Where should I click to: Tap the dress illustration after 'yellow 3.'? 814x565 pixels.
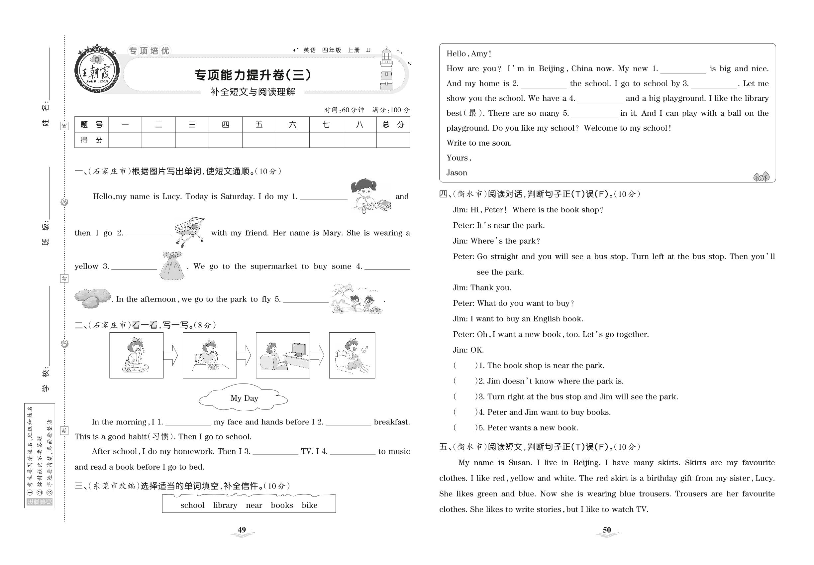coord(172,266)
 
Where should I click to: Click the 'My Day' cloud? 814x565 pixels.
coord(244,398)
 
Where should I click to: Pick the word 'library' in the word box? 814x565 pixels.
coord(225,505)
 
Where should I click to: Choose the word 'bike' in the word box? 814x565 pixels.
coord(309,505)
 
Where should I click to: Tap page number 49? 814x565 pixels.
coord(242,530)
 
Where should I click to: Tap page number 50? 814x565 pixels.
coord(607,530)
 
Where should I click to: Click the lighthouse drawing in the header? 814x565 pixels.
coord(386,69)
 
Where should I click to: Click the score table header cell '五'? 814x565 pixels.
coord(259,125)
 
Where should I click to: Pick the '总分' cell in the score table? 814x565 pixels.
coord(393,125)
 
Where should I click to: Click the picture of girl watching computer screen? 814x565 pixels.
coord(283,355)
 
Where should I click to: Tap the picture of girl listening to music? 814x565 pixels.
coord(352,355)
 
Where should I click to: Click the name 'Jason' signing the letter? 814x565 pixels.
coord(457,173)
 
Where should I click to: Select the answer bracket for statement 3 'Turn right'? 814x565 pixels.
coord(465,396)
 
